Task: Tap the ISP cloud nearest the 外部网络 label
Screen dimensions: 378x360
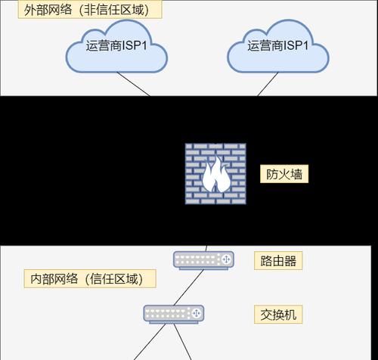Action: pos(116,47)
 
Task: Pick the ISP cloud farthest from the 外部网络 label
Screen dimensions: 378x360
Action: pos(278,47)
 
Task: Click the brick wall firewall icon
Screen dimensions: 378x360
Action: pos(215,174)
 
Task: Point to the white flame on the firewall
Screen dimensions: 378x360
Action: pos(216,175)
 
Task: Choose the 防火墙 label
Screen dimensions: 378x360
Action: pos(284,174)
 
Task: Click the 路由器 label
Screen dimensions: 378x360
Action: pos(278,261)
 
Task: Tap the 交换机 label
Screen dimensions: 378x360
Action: pos(278,315)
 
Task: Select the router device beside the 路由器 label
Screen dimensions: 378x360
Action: pos(203,260)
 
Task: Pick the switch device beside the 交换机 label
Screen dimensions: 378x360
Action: pos(174,315)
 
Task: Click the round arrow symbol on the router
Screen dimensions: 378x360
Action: pos(226,259)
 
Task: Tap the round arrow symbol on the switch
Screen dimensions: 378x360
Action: pos(196,313)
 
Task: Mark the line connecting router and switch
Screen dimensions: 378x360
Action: pos(188,287)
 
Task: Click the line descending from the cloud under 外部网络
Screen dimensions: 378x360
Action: pos(133,84)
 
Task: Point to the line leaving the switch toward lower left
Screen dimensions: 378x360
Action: pos(150,342)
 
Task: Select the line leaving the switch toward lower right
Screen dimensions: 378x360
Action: pos(183,342)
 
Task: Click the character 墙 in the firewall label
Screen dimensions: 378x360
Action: pos(296,174)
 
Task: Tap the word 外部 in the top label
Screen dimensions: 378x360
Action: pos(36,10)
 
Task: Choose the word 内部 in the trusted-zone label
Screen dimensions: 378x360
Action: pos(42,279)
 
